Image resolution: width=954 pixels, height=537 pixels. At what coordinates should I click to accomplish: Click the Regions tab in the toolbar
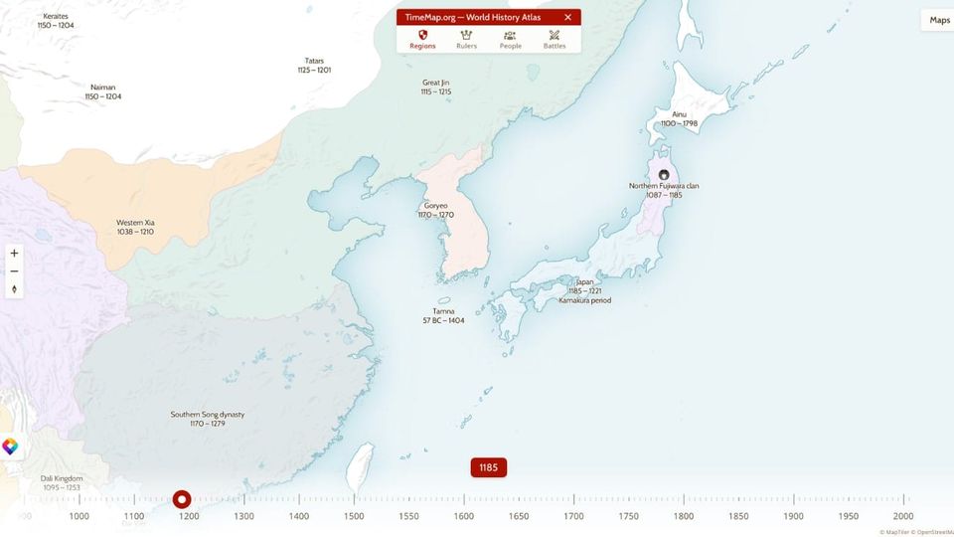422,40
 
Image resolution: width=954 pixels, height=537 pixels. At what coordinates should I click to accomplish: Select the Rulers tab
466,40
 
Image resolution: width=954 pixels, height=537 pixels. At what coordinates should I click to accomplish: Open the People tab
510,40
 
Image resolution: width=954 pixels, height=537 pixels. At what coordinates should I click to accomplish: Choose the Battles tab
555,40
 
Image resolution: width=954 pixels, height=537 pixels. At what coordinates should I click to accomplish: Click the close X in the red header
567,17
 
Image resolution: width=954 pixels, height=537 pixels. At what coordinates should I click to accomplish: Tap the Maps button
938,20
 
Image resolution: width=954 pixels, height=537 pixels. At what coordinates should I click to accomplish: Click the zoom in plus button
14,254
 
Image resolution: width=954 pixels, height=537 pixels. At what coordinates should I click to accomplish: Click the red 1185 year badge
489,467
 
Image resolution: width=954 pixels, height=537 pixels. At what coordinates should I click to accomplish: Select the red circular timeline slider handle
182,499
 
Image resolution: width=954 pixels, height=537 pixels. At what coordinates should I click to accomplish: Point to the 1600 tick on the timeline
464,516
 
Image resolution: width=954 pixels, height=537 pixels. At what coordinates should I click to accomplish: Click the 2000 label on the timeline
902,516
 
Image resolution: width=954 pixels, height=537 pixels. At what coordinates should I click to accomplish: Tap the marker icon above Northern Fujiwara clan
664,174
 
